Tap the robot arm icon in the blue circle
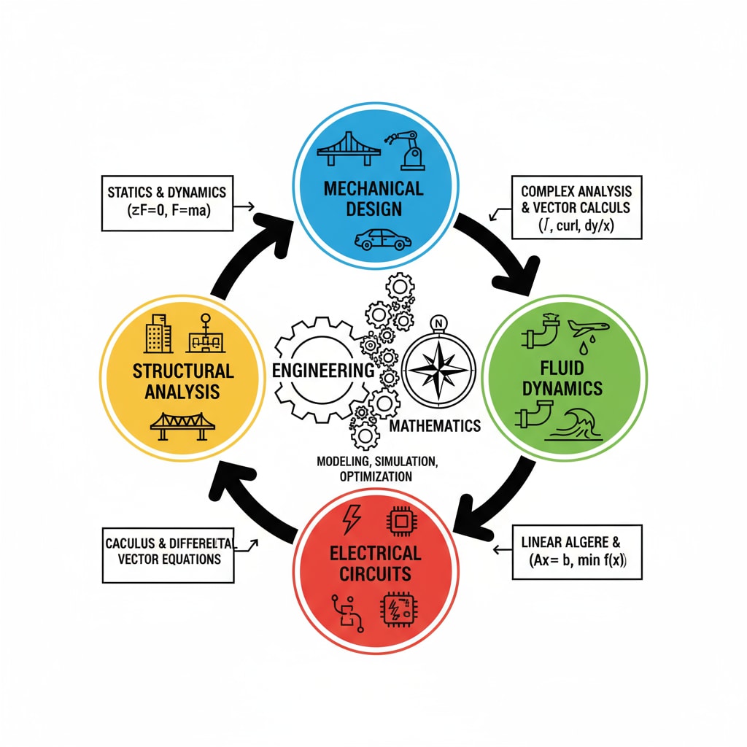tap(409, 149)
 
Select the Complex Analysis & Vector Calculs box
tap(576, 206)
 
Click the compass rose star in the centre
tap(438, 369)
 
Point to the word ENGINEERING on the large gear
tap(322, 370)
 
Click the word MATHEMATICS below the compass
tap(436, 426)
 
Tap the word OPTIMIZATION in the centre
tap(376, 476)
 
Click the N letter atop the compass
tap(438, 322)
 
